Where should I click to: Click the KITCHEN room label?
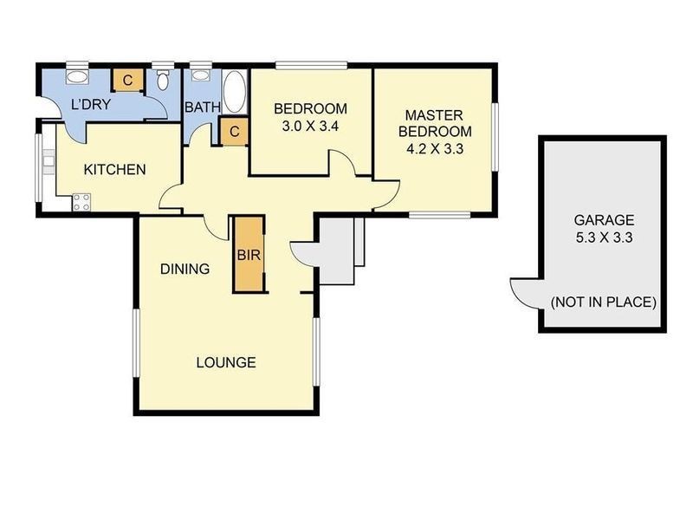pos(114,169)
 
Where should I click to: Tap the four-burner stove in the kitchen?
pos(82,204)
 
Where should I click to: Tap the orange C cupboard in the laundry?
pos(126,80)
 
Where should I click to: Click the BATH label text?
pos(203,107)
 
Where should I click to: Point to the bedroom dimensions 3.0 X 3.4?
pos(310,126)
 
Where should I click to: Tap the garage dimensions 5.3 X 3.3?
pos(604,237)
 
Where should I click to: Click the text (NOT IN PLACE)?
pos(604,302)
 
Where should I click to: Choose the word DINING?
pos(185,269)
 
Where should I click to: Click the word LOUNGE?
pos(225,362)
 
